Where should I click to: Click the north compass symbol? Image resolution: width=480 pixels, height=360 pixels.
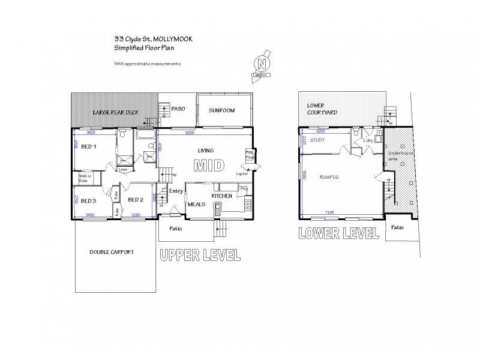click(x=260, y=64)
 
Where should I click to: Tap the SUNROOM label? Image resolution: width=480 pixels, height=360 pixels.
click(x=221, y=111)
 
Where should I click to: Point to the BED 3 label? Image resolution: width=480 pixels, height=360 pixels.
click(x=88, y=200)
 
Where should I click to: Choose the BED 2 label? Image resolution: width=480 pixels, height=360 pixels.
click(x=136, y=200)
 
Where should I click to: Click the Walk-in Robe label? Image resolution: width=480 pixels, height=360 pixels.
click(x=85, y=178)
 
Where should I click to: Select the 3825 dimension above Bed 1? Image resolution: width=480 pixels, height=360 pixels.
click(x=91, y=131)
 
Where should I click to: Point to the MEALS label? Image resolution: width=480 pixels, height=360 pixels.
click(x=197, y=204)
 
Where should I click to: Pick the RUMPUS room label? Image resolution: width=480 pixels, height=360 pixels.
click(x=329, y=177)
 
